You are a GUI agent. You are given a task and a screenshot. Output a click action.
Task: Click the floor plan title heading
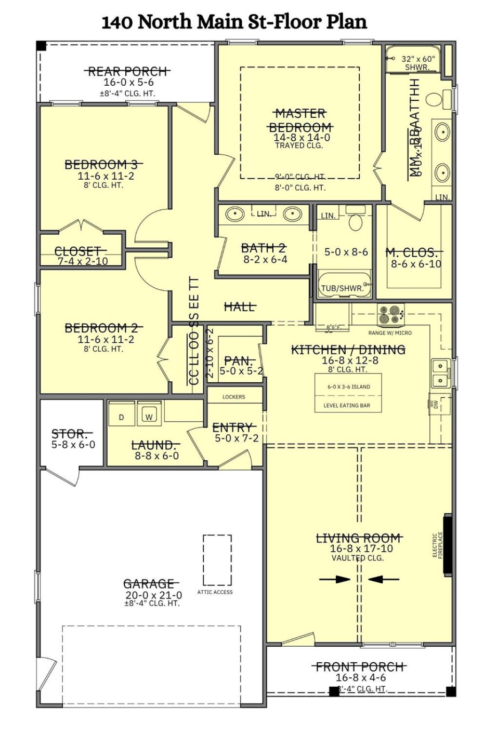click(234, 22)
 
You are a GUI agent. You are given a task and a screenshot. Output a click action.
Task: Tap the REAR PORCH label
click(128, 72)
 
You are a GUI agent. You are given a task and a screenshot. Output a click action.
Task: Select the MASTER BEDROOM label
click(300, 121)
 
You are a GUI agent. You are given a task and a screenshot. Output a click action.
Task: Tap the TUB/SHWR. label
click(342, 288)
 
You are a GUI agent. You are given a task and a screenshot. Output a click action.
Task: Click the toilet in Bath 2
click(356, 221)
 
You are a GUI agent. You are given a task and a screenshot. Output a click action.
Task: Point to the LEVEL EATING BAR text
click(347, 406)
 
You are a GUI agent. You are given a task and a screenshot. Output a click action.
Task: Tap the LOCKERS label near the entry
click(233, 397)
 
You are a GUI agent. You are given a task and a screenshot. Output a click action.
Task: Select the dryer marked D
click(122, 417)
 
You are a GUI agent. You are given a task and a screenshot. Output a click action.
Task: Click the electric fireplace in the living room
click(447, 545)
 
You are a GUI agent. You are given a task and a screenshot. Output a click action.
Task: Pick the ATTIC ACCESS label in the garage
click(215, 592)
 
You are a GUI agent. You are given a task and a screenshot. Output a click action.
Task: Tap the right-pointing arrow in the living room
click(335, 579)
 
